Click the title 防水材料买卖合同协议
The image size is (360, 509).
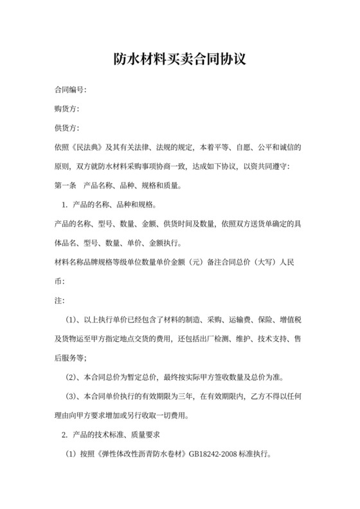click(180, 60)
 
